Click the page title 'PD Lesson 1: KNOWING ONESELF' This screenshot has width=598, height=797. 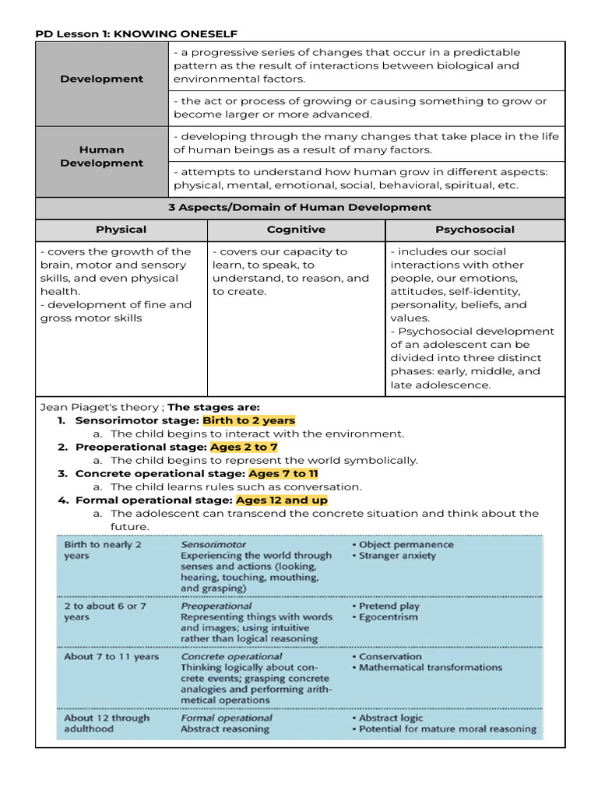pos(136,33)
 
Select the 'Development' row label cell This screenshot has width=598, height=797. pos(101,79)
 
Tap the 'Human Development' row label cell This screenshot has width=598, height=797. pos(101,156)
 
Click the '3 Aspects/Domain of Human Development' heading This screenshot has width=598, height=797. pos(300,208)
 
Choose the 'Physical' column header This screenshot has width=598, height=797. pos(121,230)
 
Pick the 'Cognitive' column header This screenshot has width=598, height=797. pos(296,230)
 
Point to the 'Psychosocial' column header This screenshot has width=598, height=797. pos(474,230)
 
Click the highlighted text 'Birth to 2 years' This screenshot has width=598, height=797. pos(248,421)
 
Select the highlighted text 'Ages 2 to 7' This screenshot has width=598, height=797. pos(244,448)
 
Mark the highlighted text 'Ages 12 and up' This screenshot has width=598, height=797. pos(281,500)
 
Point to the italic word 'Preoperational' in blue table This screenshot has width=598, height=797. pos(216,606)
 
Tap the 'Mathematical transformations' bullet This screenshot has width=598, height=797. pos(430,667)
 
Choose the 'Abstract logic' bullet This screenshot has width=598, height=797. pos(391,718)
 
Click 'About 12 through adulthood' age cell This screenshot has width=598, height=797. pos(106,723)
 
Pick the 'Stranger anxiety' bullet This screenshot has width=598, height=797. pos(397,556)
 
